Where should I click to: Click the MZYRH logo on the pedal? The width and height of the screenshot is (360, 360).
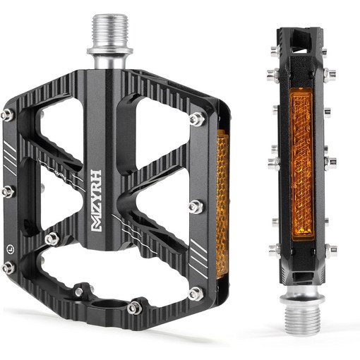point(96,200)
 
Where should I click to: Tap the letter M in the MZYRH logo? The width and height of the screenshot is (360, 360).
point(96,224)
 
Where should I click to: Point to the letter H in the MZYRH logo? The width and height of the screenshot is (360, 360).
point(96,175)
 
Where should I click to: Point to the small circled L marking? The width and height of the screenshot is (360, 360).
point(10,248)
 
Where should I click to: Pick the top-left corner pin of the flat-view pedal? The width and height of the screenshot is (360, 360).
point(7,115)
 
